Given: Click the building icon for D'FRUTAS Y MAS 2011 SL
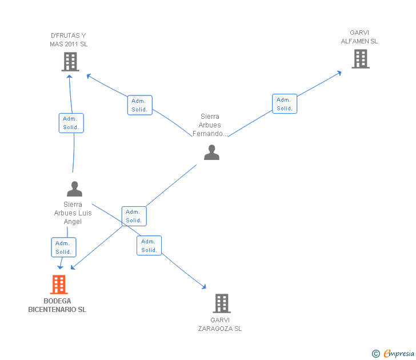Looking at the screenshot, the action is point(70,62).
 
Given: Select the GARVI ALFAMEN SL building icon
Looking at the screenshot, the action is point(361,59).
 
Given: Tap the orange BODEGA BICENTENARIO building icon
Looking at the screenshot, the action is point(59,285).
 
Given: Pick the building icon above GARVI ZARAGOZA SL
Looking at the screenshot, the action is point(222,303).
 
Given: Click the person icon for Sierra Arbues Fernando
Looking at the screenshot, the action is point(211,152).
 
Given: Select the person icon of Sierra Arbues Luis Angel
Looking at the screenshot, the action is point(74,189).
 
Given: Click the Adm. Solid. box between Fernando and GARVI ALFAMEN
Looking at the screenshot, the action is point(285,104).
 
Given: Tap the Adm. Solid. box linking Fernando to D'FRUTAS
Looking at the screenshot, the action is point(140,105).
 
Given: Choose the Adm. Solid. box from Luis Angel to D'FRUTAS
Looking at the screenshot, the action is point(71,123).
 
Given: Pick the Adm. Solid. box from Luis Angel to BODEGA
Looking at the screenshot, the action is point(63,247).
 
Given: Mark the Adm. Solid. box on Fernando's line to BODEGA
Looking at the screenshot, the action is point(134,216).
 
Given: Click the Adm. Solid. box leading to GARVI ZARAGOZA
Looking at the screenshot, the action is point(149,246).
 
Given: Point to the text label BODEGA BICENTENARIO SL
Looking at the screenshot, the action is point(57,305).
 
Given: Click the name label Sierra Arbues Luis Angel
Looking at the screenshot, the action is point(73,213).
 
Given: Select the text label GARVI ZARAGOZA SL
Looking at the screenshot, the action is point(220,324).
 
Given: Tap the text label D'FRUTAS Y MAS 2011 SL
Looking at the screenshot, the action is point(69,40).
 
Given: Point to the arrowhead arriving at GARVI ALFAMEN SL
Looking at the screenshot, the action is point(339,73).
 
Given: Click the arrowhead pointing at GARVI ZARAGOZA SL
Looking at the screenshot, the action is point(204,287).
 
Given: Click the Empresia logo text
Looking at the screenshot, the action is point(399,353).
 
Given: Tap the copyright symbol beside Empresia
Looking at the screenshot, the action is point(376,354).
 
